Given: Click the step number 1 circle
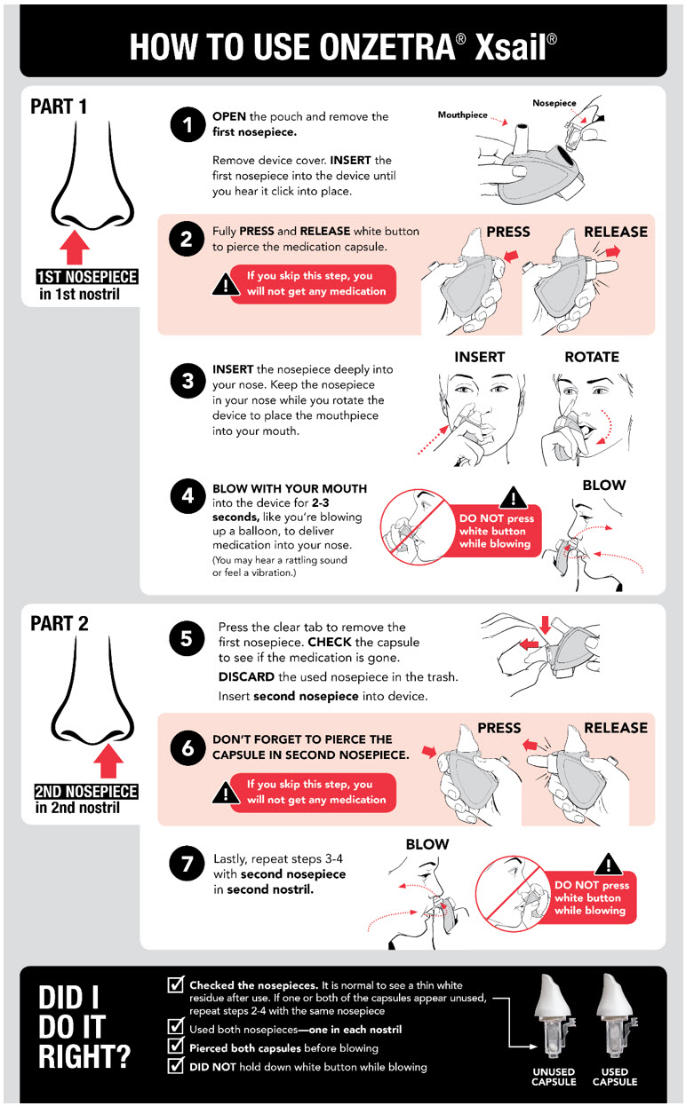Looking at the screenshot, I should (187, 126).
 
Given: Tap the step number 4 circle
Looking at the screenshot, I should (187, 495).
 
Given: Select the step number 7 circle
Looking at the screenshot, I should (187, 865).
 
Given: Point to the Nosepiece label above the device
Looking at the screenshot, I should (554, 103).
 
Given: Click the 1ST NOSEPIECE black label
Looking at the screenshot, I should (86, 277).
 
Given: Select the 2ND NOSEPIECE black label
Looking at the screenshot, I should (86, 791).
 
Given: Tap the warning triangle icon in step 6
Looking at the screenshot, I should (221, 792).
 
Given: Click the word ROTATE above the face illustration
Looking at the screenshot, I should (592, 357).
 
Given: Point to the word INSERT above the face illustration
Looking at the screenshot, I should (479, 357).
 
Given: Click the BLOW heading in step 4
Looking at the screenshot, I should (604, 485).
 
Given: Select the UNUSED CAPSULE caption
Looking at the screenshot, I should (554, 1077).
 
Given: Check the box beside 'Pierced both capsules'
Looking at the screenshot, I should (176, 1047).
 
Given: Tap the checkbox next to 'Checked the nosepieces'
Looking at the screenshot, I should (176, 986).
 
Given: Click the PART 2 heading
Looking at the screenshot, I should (60, 623).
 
